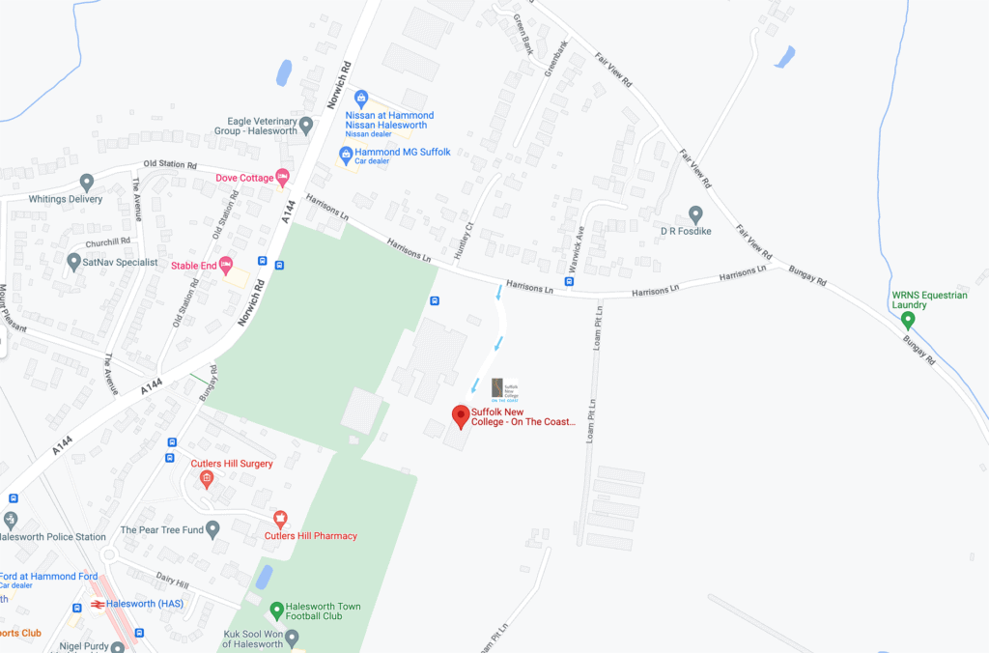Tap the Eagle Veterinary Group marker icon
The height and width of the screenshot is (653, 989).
click(x=306, y=125)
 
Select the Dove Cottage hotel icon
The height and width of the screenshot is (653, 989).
click(x=282, y=177)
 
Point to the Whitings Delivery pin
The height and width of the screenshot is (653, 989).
click(x=87, y=182)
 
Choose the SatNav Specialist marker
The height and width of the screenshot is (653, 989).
click(x=73, y=262)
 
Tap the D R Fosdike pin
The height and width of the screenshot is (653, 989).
click(x=695, y=213)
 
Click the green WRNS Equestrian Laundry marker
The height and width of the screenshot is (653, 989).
click(x=907, y=320)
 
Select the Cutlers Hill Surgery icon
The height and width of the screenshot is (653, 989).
click(x=206, y=478)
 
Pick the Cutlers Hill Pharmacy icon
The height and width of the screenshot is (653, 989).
click(x=280, y=519)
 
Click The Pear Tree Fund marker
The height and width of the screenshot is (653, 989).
click(x=212, y=529)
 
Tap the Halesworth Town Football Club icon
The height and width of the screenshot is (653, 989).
click(x=277, y=610)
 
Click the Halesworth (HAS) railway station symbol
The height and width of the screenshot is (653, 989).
click(x=98, y=605)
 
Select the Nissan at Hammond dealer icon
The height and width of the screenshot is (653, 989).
click(x=361, y=99)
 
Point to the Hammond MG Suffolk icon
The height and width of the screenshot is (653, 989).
click(x=345, y=154)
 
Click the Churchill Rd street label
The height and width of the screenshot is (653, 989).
click(x=107, y=241)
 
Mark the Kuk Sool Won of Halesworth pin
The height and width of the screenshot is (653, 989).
click(x=292, y=639)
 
